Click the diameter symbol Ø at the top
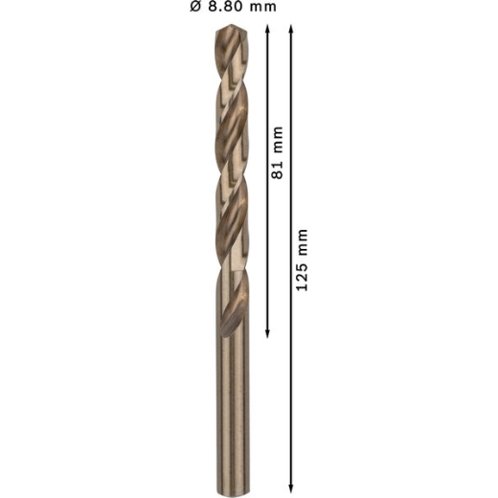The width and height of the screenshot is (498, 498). tap(196, 7)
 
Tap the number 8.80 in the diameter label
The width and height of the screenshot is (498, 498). tap(225, 7)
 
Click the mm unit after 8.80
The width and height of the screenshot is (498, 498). tap(263, 8)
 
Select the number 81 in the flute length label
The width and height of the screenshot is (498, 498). tap(277, 170)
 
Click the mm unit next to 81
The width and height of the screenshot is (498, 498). tap(278, 140)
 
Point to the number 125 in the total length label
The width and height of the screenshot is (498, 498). tap(302, 275)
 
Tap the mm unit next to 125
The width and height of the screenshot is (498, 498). tap(303, 242)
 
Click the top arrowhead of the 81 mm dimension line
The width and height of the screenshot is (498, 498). tap(267, 30)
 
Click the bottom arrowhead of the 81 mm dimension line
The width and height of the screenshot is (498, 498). tap(267, 333)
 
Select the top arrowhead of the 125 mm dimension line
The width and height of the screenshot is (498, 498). tap(291, 30)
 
